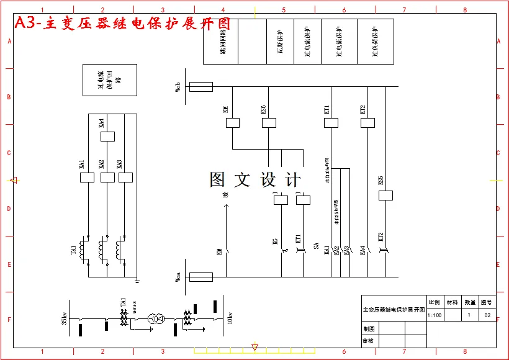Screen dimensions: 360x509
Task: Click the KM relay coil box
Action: point(232,123)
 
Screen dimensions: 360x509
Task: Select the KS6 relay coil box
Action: point(269,123)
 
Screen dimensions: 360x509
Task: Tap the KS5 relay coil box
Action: point(385,196)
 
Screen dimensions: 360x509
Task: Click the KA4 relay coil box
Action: point(107,137)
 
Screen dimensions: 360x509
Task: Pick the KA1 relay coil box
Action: point(87,178)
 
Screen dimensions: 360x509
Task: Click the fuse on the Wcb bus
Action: point(200,87)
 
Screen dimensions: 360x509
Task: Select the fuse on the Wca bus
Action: point(200,277)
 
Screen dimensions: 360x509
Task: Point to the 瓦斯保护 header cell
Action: point(279,42)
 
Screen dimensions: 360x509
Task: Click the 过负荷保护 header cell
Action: point(375,42)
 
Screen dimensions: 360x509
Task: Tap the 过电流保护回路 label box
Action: point(110,80)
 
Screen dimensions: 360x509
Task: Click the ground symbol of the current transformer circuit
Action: point(137,281)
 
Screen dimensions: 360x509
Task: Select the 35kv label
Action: point(65,318)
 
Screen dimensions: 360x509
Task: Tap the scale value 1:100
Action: point(435,315)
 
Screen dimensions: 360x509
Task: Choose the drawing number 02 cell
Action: point(487,315)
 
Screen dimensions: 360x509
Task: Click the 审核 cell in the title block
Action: point(369,341)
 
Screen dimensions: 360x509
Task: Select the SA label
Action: point(316,247)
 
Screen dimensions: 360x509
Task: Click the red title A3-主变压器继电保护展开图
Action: point(122,24)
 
